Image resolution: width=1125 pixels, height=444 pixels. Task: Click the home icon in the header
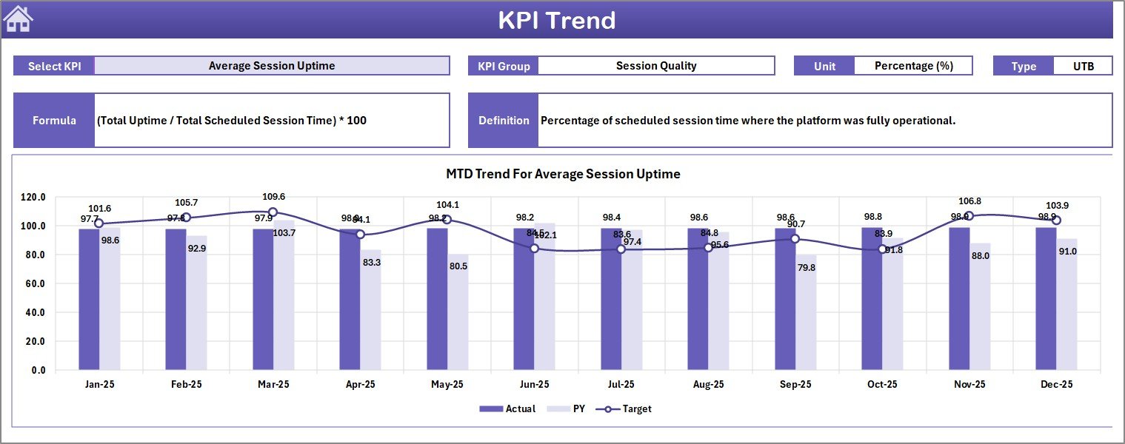[19, 19]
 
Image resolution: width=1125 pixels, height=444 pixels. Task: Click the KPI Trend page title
[556, 20]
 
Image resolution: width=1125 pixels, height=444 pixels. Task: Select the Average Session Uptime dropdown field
[272, 66]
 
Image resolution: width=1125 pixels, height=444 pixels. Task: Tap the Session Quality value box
[655, 66]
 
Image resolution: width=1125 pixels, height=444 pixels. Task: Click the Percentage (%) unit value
[912, 66]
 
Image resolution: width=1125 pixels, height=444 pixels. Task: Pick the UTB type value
[1083, 66]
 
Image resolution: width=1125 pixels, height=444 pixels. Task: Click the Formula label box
[54, 120]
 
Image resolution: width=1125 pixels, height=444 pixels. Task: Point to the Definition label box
[504, 120]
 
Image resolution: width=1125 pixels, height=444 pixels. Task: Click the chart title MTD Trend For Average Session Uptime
[563, 174]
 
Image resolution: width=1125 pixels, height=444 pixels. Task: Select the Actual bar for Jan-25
[89, 299]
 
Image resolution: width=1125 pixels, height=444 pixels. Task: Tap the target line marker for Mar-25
[273, 212]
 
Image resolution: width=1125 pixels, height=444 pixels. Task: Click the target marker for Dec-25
[1056, 221]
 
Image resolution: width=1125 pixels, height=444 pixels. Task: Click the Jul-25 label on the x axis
[621, 385]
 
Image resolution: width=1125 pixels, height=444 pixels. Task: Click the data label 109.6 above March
[273, 197]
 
